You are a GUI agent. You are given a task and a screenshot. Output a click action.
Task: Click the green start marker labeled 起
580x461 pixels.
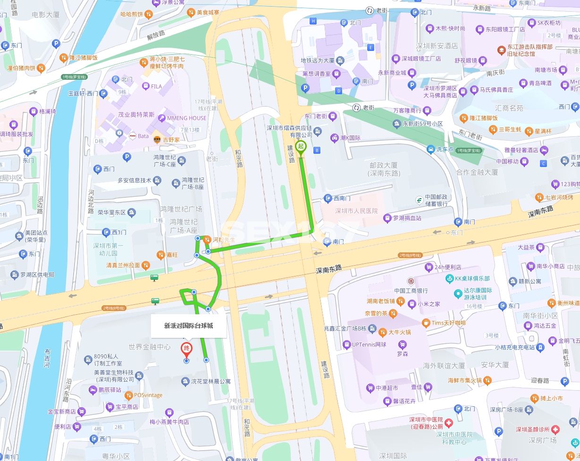[x=300, y=146]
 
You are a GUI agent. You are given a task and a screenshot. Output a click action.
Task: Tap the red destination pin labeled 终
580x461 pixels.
[x=186, y=350]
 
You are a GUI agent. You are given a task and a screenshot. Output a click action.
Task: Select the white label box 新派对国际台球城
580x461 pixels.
[x=188, y=326]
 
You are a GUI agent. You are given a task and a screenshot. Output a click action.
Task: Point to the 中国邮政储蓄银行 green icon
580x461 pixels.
[x=419, y=200]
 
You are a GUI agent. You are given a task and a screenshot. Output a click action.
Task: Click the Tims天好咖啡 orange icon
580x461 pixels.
[x=426, y=323]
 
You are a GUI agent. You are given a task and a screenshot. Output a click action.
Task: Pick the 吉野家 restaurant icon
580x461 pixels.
[x=156, y=140]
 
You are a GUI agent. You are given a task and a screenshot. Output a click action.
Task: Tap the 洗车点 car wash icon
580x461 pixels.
[x=430, y=150]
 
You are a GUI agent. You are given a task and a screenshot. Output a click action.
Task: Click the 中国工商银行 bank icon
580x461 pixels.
[x=411, y=281]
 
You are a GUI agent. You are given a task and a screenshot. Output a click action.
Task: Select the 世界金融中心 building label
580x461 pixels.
[x=150, y=347]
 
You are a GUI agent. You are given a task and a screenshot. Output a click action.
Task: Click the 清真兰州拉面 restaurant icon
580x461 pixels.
[x=147, y=265]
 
